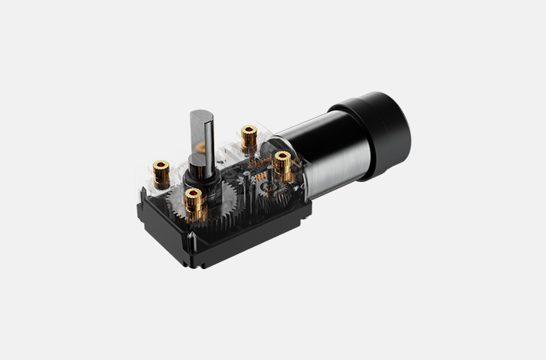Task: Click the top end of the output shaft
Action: [x=199, y=115]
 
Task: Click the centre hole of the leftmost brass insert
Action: [x=161, y=165]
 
